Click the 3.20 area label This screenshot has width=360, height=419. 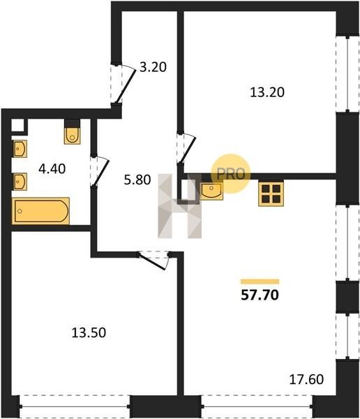point(153,67)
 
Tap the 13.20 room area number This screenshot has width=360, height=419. point(267,92)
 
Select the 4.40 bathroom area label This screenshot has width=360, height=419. point(52,169)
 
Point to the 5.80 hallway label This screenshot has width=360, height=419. point(137,180)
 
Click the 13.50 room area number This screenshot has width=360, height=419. point(89,332)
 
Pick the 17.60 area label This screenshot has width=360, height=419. point(306,379)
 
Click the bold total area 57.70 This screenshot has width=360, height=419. point(260,295)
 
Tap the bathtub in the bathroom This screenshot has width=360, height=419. point(41,211)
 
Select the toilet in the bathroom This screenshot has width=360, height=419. point(72,135)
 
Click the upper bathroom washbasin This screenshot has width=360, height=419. point(20,149)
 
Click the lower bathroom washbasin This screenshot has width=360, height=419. point(20,182)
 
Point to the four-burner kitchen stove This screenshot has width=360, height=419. point(271,194)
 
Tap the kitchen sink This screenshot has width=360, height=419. point(211,191)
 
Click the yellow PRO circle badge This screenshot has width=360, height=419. point(231,174)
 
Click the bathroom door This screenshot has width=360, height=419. point(100,171)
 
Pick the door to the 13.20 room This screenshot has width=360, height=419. point(186,148)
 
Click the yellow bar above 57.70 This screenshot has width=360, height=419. point(260,281)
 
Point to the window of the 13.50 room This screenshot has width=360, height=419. point(75,406)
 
